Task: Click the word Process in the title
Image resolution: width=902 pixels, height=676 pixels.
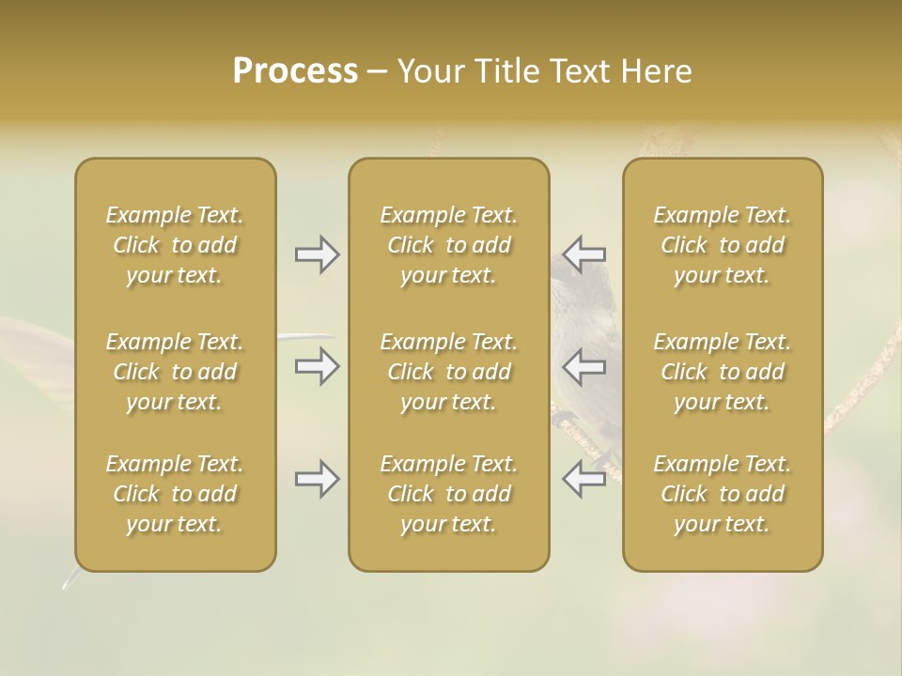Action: pyautogui.click(x=295, y=71)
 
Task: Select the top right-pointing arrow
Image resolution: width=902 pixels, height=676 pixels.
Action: pyautogui.click(x=318, y=254)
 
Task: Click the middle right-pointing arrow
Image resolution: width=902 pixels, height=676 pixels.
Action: pyautogui.click(x=318, y=366)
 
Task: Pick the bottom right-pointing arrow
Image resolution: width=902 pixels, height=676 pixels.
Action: pyautogui.click(x=318, y=480)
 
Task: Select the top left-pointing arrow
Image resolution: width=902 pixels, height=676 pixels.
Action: pyautogui.click(x=583, y=254)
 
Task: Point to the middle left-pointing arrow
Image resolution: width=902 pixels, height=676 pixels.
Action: pyautogui.click(x=583, y=366)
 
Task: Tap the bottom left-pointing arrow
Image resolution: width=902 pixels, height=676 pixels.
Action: pyautogui.click(x=583, y=480)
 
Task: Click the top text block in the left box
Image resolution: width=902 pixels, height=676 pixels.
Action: pyautogui.click(x=175, y=245)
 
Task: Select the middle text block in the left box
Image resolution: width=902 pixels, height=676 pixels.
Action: pyautogui.click(x=175, y=372)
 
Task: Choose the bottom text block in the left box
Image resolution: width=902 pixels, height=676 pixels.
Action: pyautogui.click(x=175, y=494)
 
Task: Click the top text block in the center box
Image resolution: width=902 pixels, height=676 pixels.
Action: pyautogui.click(x=449, y=245)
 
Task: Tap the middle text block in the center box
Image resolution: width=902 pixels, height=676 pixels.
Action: pyautogui.click(x=449, y=372)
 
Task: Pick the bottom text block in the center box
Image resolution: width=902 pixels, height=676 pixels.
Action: pyautogui.click(x=449, y=494)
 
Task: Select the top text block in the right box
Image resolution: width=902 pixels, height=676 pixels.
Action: pyautogui.click(x=723, y=245)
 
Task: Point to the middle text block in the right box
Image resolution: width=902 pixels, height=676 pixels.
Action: pyautogui.click(x=723, y=372)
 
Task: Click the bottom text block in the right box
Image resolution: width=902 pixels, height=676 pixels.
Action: pyautogui.click(x=723, y=494)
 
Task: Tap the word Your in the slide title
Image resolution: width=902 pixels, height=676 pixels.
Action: pyautogui.click(x=428, y=71)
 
